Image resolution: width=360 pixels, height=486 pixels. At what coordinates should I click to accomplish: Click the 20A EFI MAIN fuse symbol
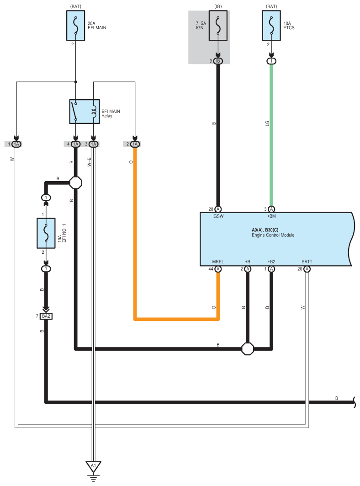pos(75,26)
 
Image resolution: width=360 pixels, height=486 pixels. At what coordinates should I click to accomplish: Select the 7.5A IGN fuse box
pos(218,26)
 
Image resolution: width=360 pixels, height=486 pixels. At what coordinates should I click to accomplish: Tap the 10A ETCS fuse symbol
pos(271,26)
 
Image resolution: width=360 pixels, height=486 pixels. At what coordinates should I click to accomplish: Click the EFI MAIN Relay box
pos(85,112)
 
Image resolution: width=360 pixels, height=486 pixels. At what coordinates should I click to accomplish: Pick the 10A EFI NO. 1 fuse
pos(46,233)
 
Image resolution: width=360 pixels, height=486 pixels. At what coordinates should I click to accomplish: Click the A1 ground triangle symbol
pos(94,467)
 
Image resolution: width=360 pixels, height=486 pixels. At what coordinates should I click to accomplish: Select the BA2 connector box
pos(46,316)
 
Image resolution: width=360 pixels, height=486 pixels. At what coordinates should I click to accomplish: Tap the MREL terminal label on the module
pos(218,262)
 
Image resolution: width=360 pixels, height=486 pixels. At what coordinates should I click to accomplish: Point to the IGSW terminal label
pos(218,216)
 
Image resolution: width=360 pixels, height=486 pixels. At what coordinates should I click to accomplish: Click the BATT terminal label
pos(307,262)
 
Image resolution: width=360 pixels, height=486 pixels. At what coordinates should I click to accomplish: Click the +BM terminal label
pos(271,216)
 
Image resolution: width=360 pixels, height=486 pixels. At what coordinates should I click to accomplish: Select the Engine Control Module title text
pos(273,235)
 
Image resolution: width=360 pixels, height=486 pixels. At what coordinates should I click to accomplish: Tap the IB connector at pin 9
pos(218,61)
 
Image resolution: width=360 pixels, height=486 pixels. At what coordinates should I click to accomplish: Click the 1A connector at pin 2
pos(135,144)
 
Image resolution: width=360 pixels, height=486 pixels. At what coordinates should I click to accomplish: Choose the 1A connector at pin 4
pos(75,144)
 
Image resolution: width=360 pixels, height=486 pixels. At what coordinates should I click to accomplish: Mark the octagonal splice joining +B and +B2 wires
pos(248,349)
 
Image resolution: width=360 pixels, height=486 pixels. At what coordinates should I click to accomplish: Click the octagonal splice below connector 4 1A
pos(75,183)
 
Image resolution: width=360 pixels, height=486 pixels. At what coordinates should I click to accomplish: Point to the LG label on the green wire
pos(267,123)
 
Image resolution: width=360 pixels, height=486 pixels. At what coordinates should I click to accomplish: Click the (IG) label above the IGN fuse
pos(218,6)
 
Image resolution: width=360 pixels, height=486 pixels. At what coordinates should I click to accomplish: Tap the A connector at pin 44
pos(218,269)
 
